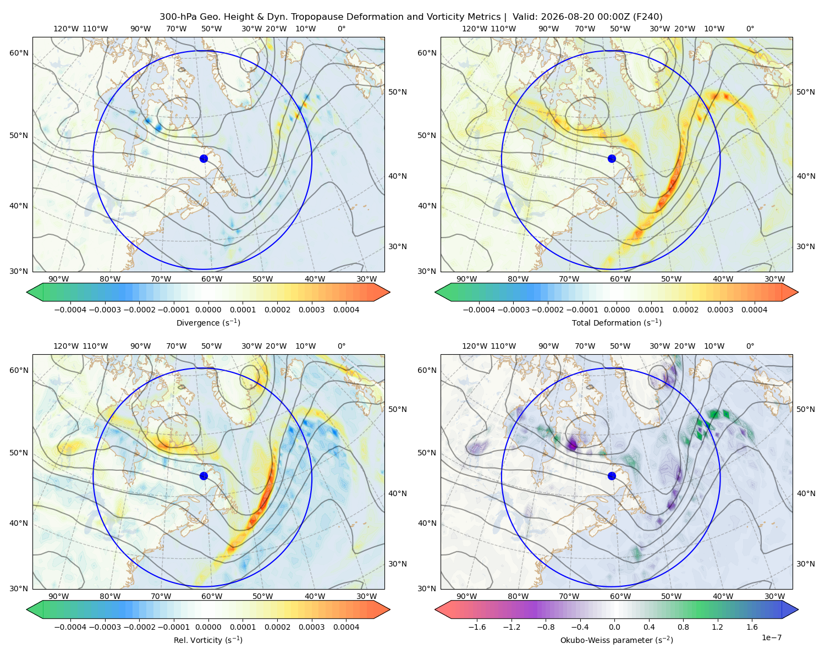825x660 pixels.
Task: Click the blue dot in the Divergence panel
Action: point(204,159)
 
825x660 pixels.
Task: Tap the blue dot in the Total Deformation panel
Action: point(612,159)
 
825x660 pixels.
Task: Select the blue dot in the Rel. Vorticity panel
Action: point(204,476)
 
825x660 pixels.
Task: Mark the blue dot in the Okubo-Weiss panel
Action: point(612,476)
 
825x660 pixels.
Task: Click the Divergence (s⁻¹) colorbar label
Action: point(208,323)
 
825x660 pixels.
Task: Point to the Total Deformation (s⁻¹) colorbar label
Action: point(617,323)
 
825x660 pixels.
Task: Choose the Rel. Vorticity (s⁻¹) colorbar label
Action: point(208,640)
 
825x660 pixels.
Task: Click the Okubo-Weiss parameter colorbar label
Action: point(617,640)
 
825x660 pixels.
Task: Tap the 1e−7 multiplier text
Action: point(771,637)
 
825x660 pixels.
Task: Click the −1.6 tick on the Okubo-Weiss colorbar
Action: point(477,627)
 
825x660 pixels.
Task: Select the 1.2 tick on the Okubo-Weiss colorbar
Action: point(717,627)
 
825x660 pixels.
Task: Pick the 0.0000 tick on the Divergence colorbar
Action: point(208,310)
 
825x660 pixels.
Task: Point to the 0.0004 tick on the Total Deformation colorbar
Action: point(754,310)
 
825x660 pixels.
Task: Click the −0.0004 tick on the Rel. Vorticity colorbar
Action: point(70,627)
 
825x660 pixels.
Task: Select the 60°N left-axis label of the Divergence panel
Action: point(19,53)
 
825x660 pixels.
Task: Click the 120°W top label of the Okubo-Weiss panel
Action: point(474,346)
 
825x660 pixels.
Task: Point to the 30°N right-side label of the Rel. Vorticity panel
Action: point(398,564)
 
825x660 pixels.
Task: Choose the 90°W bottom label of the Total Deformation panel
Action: point(466,279)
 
